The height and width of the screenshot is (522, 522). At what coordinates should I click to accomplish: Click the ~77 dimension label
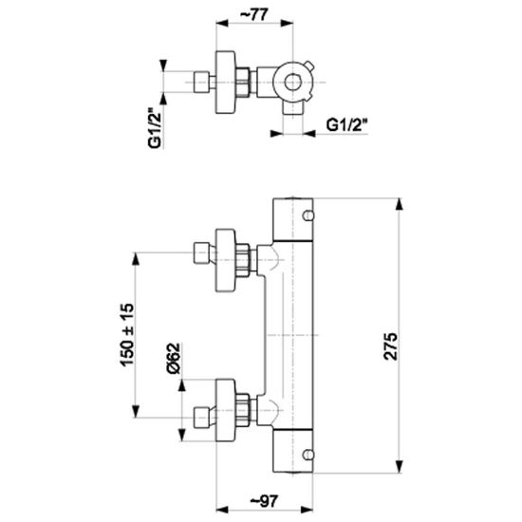click(254, 14)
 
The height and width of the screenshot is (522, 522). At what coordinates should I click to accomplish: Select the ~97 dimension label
click(264, 501)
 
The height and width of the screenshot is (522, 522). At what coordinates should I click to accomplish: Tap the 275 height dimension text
click(390, 345)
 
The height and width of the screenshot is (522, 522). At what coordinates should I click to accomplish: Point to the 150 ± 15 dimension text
click(127, 335)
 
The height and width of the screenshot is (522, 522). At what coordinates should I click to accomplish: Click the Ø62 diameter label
click(173, 358)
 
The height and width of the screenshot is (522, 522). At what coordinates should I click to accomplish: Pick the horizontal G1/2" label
click(347, 125)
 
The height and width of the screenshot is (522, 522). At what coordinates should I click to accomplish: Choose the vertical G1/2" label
click(155, 128)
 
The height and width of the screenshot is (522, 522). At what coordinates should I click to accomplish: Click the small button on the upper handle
click(308, 215)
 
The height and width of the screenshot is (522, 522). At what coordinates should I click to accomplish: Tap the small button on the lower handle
click(308, 454)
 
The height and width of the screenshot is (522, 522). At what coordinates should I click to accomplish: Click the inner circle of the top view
click(292, 83)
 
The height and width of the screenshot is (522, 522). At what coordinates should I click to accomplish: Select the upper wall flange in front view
click(226, 260)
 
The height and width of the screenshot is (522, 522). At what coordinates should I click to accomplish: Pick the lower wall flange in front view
click(226, 410)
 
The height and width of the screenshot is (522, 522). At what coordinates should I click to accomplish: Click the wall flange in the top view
click(226, 83)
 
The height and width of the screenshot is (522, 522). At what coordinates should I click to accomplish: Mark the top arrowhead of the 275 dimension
click(400, 204)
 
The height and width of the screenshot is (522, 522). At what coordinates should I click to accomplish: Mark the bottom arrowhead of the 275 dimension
click(400, 466)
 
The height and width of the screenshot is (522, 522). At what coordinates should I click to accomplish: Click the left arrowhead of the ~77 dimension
click(222, 24)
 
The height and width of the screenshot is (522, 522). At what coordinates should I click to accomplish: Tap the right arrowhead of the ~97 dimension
click(307, 510)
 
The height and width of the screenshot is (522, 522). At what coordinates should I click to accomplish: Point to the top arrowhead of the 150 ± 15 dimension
click(135, 259)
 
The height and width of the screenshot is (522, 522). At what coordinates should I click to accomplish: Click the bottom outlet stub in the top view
click(292, 109)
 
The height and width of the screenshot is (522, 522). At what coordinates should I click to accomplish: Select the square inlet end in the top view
click(201, 83)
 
